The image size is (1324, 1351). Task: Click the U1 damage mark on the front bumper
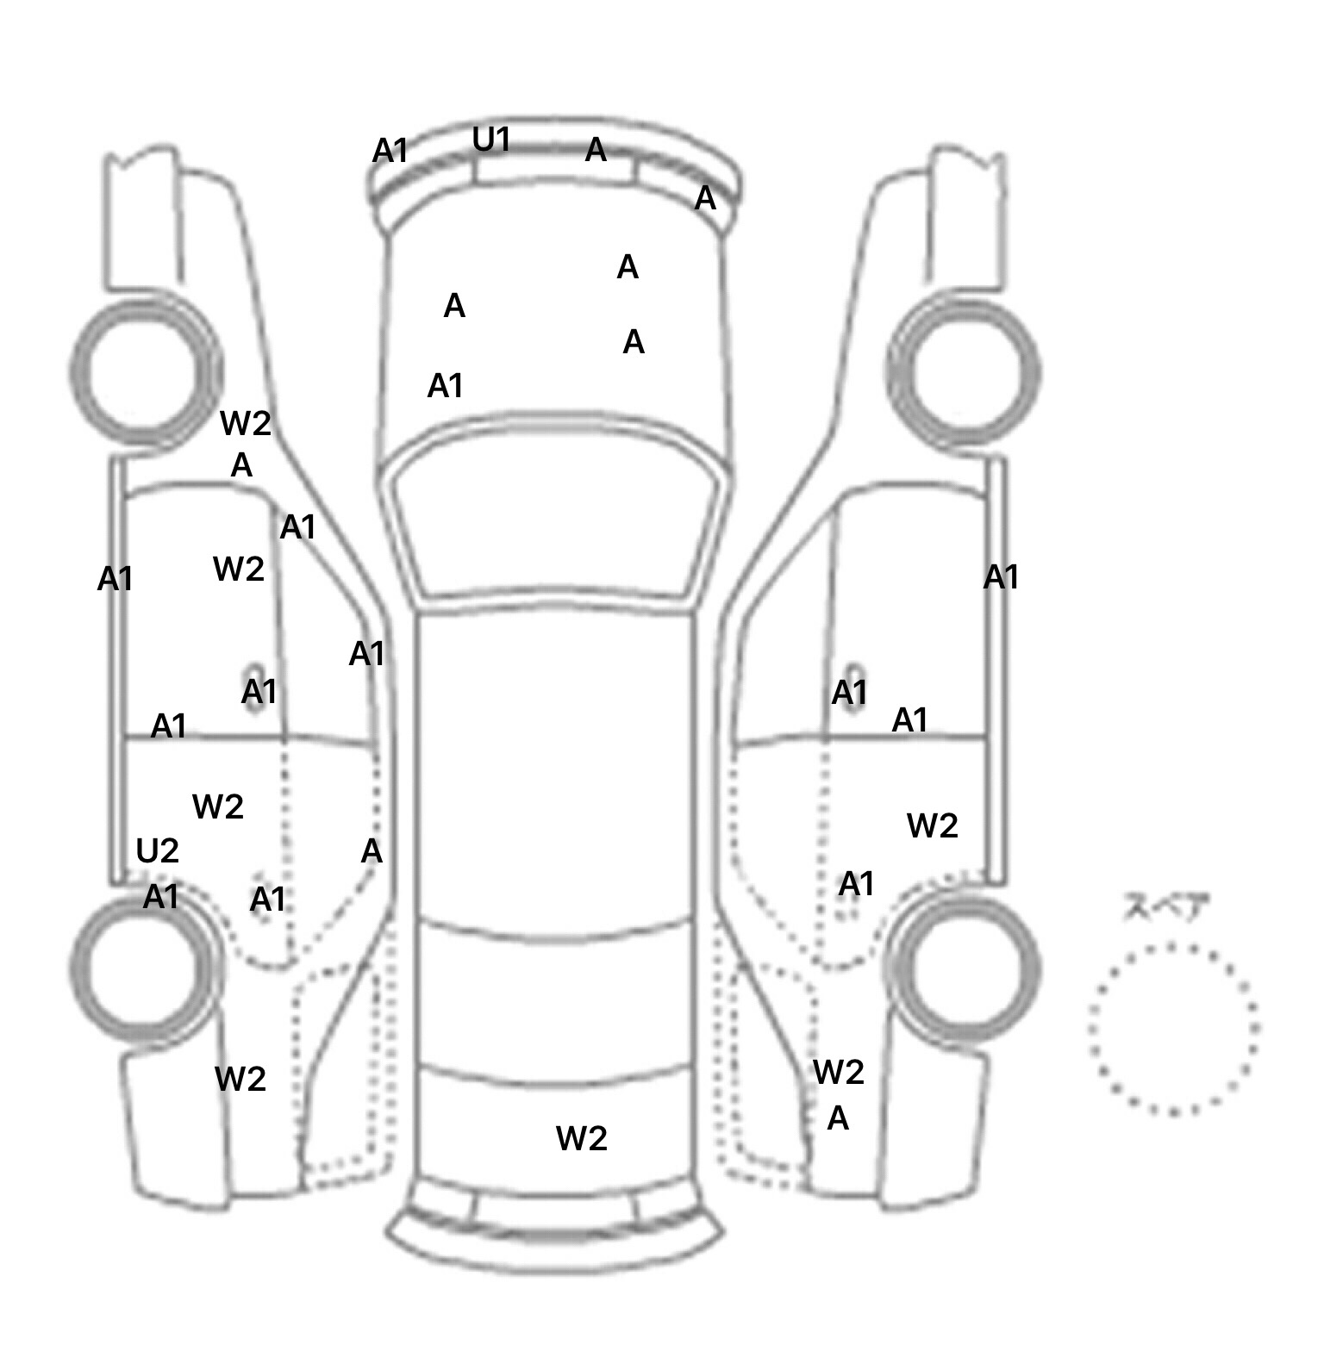[491, 140]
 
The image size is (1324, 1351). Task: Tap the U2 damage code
[157, 851]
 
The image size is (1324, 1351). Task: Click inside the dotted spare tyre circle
[1172, 1029]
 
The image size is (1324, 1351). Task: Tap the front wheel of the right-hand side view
[964, 372]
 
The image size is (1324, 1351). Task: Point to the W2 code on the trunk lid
[582, 1138]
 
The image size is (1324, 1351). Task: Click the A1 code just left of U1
[390, 152]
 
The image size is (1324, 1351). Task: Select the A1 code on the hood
[446, 386]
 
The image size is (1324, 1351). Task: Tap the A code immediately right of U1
[596, 151]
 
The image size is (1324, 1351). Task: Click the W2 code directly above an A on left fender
[246, 423]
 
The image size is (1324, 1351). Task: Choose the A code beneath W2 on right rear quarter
[838, 1118]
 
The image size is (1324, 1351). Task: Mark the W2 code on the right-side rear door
[933, 826]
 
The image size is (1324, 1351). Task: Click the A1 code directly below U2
[161, 897]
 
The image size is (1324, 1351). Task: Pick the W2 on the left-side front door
[239, 569]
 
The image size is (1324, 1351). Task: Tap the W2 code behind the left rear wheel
[240, 1079]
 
